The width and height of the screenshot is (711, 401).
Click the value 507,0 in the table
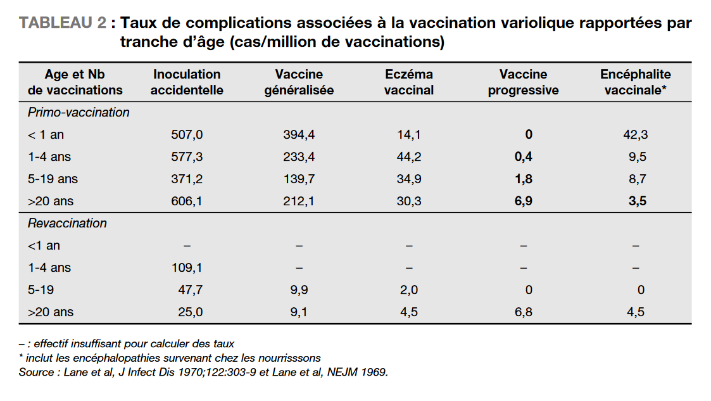click(187, 135)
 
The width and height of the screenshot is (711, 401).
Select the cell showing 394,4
click(299, 135)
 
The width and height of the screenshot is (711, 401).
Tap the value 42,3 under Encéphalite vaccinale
click(635, 135)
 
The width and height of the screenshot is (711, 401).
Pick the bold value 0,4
click(523, 157)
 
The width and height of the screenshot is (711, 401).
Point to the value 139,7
click(299, 179)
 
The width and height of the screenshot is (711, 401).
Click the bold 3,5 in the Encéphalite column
click(637, 201)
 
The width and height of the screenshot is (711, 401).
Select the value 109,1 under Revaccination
click(187, 267)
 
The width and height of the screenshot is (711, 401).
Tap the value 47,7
click(191, 290)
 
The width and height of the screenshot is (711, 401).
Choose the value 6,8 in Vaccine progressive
click(523, 312)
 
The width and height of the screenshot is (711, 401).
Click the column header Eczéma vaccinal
click(409, 82)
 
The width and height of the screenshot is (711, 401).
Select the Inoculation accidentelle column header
click(187, 82)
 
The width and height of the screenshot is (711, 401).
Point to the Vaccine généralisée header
click(299, 82)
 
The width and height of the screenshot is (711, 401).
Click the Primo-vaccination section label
click(79, 113)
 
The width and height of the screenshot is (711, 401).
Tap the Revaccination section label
click(67, 223)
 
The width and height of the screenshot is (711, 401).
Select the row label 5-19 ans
click(53, 179)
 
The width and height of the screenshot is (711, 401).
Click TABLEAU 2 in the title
click(63, 23)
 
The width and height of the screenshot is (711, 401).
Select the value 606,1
click(187, 201)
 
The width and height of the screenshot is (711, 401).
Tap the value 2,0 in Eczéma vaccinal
click(409, 290)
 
